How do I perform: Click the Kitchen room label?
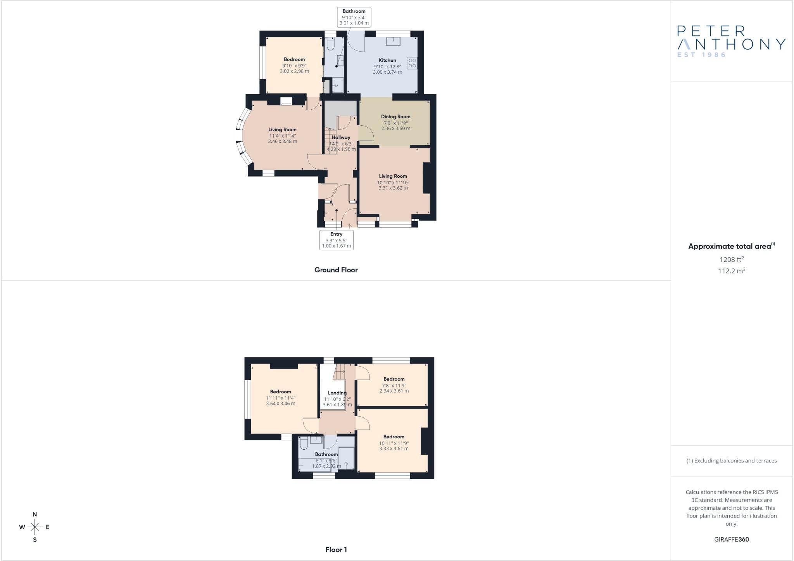pyautogui.click(x=387, y=60)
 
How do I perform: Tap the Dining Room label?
pyautogui.click(x=395, y=116)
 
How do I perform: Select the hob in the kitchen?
pyautogui.click(x=412, y=63)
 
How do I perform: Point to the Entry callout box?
pyautogui.click(x=337, y=240)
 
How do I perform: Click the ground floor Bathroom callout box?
pyautogui.click(x=354, y=17)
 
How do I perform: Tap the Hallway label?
pyautogui.click(x=341, y=137)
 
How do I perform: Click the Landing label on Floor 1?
pyautogui.click(x=337, y=393)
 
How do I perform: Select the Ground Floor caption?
pyautogui.click(x=336, y=270)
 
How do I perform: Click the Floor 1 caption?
pyautogui.click(x=336, y=550)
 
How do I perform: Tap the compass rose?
pyautogui.click(x=35, y=527)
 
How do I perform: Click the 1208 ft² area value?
pyautogui.click(x=732, y=260)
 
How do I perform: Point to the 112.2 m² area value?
pyautogui.click(x=732, y=271)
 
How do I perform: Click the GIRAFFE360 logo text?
pyautogui.click(x=732, y=539)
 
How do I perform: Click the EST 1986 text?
pyautogui.click(x=701, y=55)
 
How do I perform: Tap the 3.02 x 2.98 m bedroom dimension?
pyautogui.click(x=294, y=71)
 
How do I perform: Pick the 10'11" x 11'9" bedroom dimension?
pyautogui.click(x=394, y=443)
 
